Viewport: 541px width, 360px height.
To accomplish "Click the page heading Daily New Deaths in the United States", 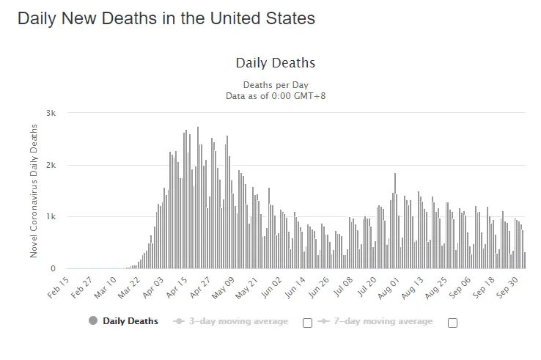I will pyautogui.click(x=166, y=18).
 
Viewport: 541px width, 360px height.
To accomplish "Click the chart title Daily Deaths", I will pyautogui.click(x=276, y=63).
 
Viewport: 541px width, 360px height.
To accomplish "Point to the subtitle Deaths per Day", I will pyautogui.click(x=276, y=85).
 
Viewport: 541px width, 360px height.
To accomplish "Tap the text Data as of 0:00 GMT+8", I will pyautogui.click(x=276, y=95).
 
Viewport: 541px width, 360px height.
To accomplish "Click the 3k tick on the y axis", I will pyautogui.click(x=51, y=113).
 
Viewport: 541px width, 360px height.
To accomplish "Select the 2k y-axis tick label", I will pyautogui.click(x=51, y=165).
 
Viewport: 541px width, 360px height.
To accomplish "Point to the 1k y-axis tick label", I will pyautogui.click(x=51, y=217).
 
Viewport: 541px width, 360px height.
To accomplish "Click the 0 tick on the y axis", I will pyautogui.click(x=54, y=269).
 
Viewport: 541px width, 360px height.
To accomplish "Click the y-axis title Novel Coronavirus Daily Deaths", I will pyautogui.click(x=34, y=191).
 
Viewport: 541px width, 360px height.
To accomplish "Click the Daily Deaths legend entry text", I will pyautogui.click(x=130, y=321).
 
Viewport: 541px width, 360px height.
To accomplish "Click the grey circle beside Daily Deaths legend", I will pyautogui.click(x=93, y=321).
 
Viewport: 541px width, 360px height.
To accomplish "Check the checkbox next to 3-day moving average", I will pyautogui.click(x=307, y=323).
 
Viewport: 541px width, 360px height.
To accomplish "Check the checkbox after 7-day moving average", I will pyautogui.click(x=452, y=323).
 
